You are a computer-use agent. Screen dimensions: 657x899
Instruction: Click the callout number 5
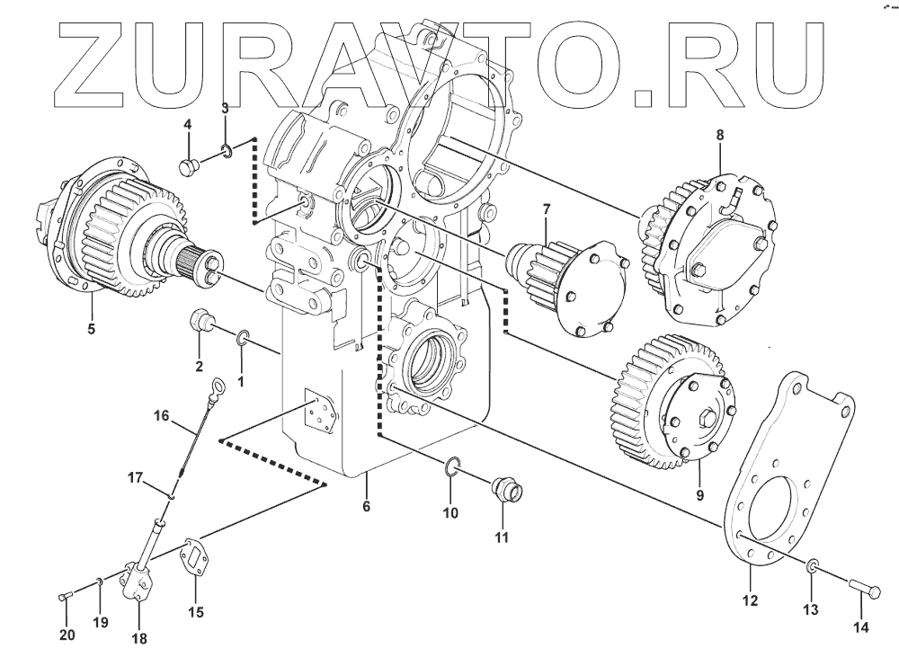click(90, 328)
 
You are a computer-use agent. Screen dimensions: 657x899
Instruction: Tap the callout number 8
click(719, 136)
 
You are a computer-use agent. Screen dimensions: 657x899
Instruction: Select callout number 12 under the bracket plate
click(750, 599)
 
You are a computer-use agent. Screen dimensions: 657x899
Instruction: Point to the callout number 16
click(161, 415)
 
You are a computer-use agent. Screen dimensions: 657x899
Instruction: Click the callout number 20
click(67, 635)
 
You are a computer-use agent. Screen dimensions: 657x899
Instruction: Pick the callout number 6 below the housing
click(366, 507)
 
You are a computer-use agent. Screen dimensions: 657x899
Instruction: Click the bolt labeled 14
click(867, 590)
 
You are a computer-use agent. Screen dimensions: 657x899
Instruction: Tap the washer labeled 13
click(811, 565)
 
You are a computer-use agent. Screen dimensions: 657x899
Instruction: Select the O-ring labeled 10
click(454, 465)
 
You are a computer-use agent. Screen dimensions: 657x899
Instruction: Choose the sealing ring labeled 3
click(228, 150)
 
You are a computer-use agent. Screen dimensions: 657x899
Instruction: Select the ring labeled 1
click(243, 338)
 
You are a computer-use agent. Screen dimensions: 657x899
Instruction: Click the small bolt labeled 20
click(64, 597)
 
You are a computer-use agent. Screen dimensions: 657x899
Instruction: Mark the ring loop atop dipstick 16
click(216, 388)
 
